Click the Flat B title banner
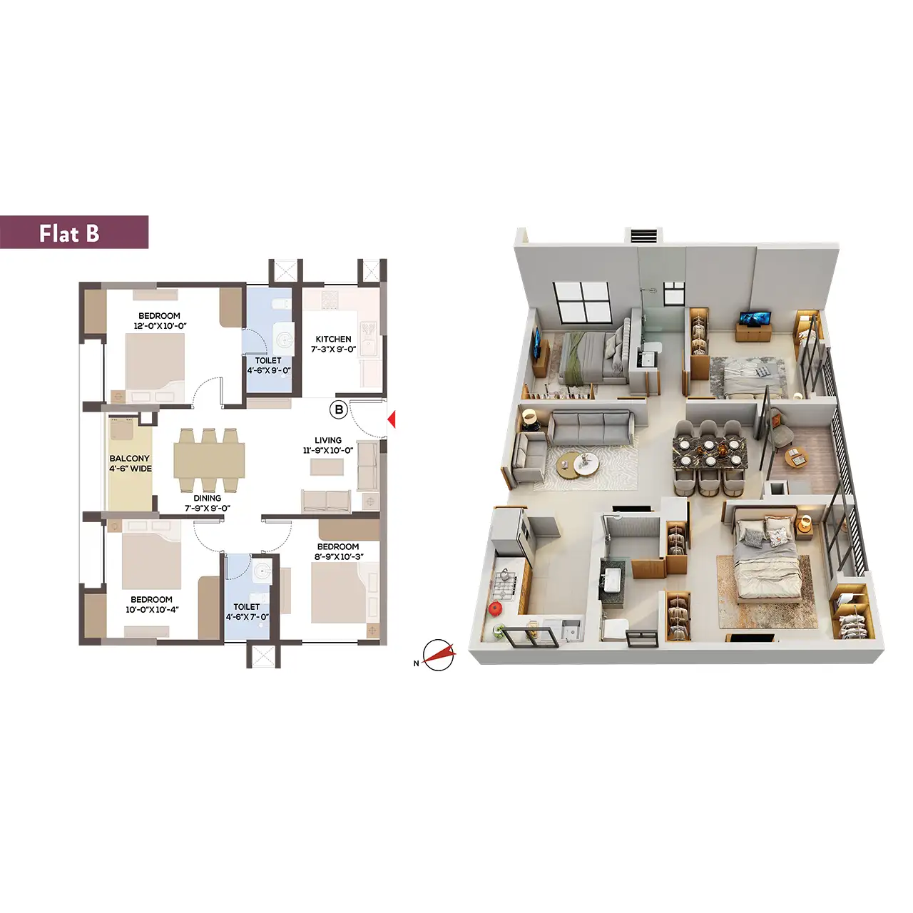coord(74,232)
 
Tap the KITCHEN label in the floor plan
coord(334,340)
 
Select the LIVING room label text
coord(328,441)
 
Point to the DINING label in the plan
coord(207,499)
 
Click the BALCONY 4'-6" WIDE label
coord(131,464)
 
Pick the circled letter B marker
coord(339,409)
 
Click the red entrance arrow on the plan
coord(392,419)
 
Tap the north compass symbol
coord(438,656)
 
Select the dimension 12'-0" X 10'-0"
coord(160,326)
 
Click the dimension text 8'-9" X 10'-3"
coord(339,556)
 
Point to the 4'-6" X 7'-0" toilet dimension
coord(247,617)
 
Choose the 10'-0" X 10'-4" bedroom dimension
coord(152,610)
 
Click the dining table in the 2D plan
coord(210,460)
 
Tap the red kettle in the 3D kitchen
coord(494,608)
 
